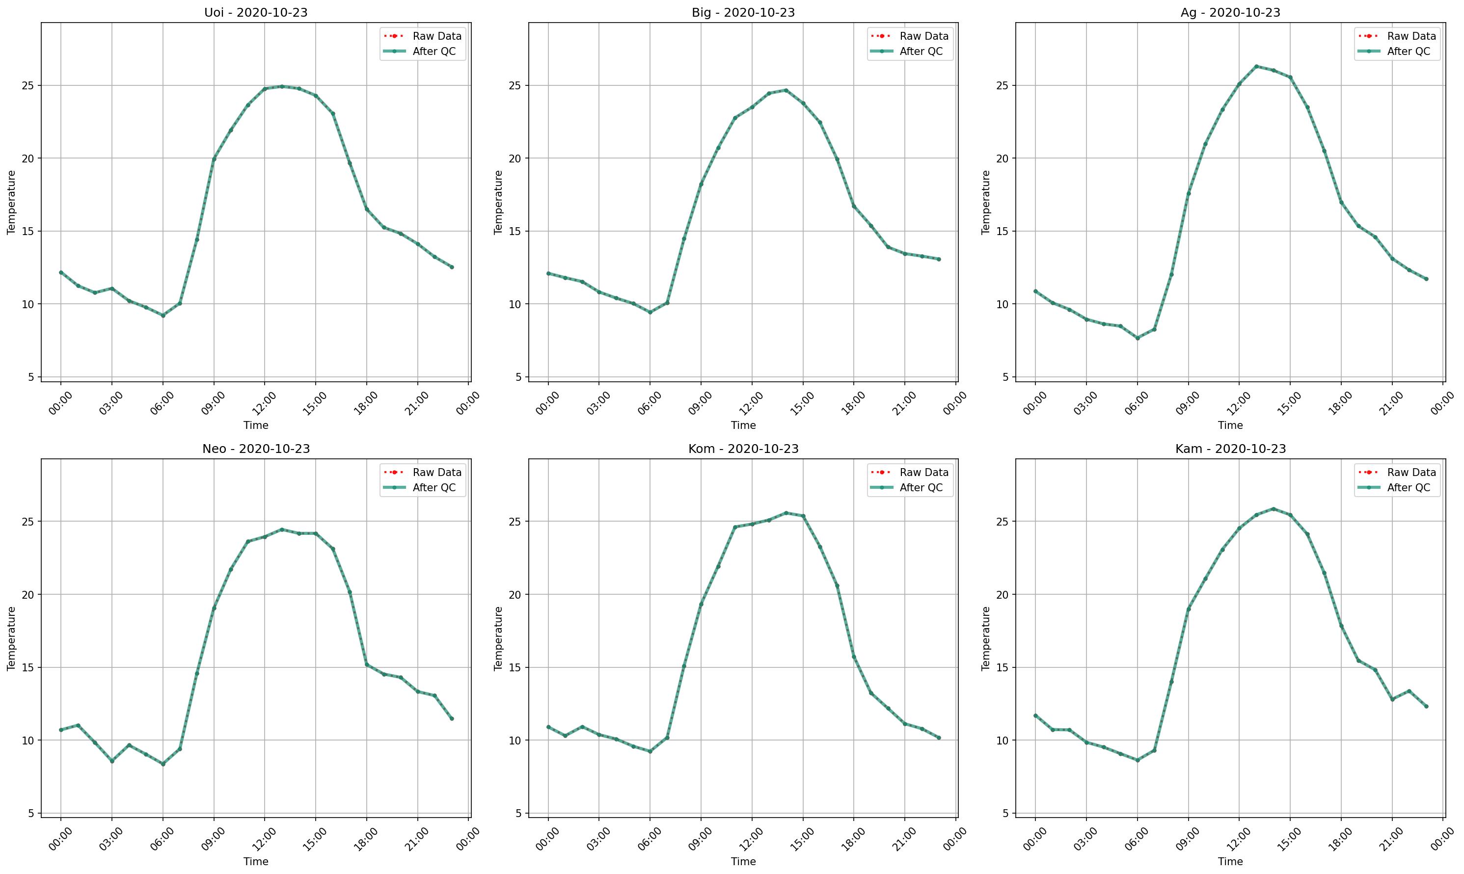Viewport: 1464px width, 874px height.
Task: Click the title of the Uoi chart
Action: coord(256,12)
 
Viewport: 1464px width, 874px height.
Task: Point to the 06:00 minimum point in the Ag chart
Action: coord(1138,338)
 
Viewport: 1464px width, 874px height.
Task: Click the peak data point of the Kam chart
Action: coord(1273,509)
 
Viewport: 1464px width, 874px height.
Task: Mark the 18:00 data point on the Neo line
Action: coord(366,664)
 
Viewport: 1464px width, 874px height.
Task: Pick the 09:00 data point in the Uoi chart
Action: coord(214,159)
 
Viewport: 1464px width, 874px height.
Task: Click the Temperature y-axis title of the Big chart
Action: coord(498,202)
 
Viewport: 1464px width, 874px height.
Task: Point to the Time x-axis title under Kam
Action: coord(1230,862)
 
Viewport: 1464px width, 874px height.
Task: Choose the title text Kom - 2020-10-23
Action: coord(743,449)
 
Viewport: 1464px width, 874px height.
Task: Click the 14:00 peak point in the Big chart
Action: coord(786,90)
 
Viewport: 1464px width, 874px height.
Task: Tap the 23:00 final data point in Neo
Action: coord(452,718)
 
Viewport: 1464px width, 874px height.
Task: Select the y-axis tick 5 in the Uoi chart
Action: coord(31,377)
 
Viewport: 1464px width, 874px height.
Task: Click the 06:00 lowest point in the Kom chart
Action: coord(651,751)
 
